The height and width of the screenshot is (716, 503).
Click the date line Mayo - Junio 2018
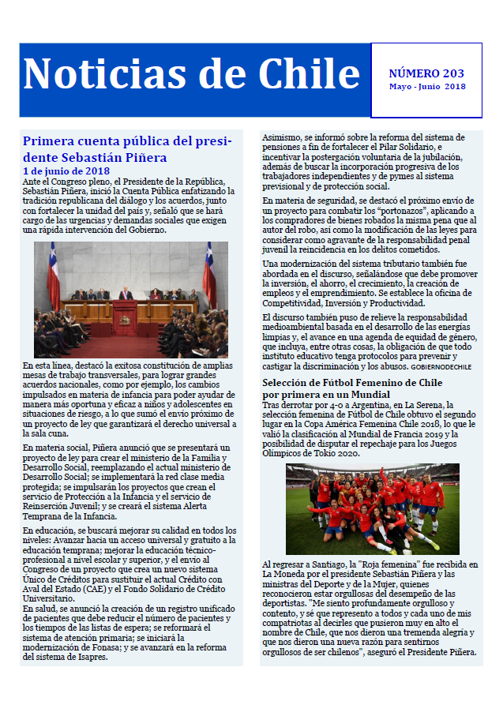[x=426, y=87]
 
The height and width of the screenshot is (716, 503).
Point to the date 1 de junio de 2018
[x=66, y=171]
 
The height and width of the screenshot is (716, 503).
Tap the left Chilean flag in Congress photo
[x=53, y=276]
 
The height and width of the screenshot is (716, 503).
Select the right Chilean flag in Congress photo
[x=210, y=276]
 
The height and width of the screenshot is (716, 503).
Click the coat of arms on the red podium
[x=125, y=319]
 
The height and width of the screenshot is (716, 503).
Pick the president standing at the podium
[x=125, y=294]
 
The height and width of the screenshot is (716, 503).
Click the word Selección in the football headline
[x=292, y=383]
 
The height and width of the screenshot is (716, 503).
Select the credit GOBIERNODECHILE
[x=441, y=367]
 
